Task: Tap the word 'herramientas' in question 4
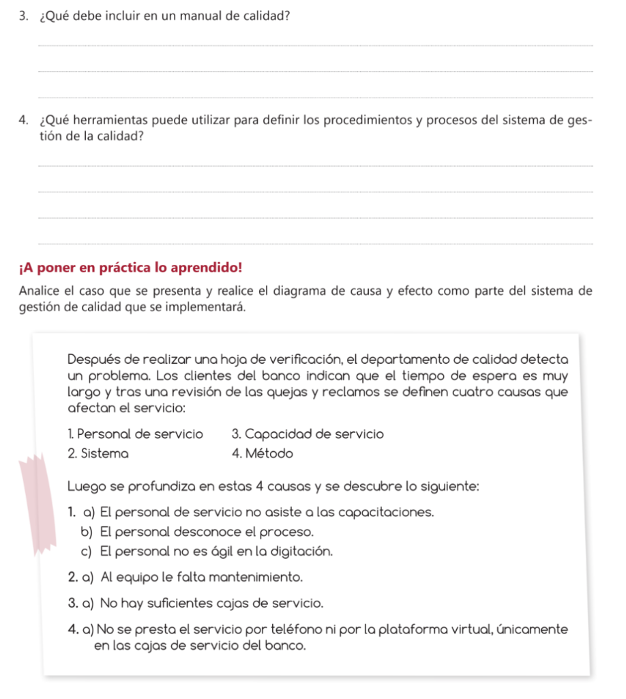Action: tap(113, 122)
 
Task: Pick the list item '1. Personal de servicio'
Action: tap(136, 434)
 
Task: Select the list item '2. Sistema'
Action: tap(99, 453)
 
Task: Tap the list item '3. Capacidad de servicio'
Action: tap(308, 434)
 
